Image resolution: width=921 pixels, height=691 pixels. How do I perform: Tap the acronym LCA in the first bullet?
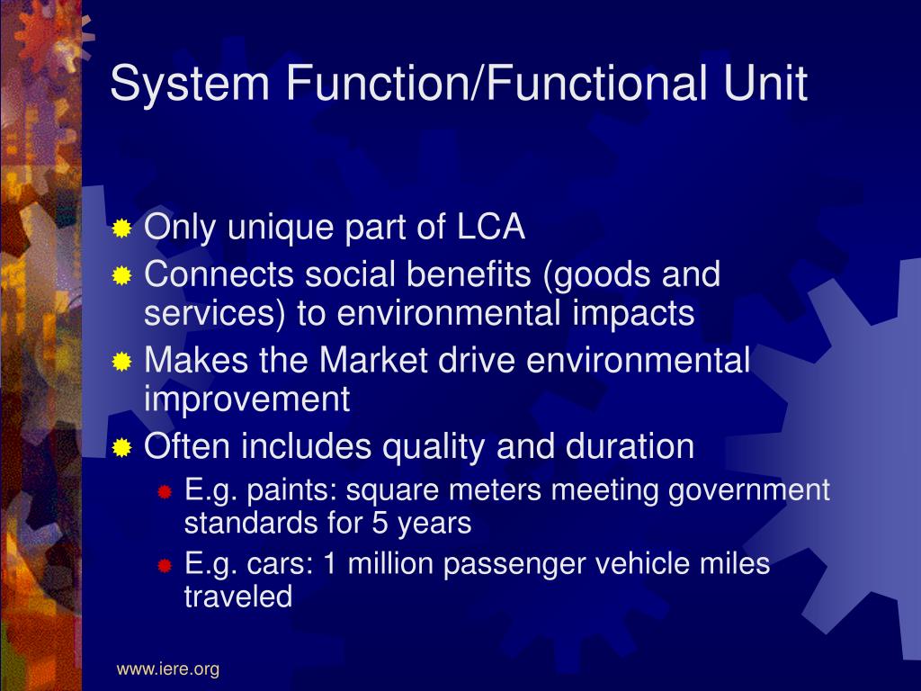[x=490, y=228]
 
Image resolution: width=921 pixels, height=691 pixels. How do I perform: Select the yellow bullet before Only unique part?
[x=122, y=229]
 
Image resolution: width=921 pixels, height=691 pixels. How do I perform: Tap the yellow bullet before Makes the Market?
[x=122, y=362]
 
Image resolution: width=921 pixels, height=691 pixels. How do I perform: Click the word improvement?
[x=246, y=399]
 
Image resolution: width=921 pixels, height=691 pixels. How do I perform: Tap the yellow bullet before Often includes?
[x=122, y=447]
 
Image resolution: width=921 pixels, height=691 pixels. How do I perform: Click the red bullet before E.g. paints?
[x=165, y=492]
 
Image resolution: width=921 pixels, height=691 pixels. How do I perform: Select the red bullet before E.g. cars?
[x=165, y=566]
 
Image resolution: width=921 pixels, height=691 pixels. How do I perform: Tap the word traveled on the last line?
[x=238, y=597]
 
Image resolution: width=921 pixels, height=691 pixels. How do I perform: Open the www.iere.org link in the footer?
[x=167, y=669]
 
